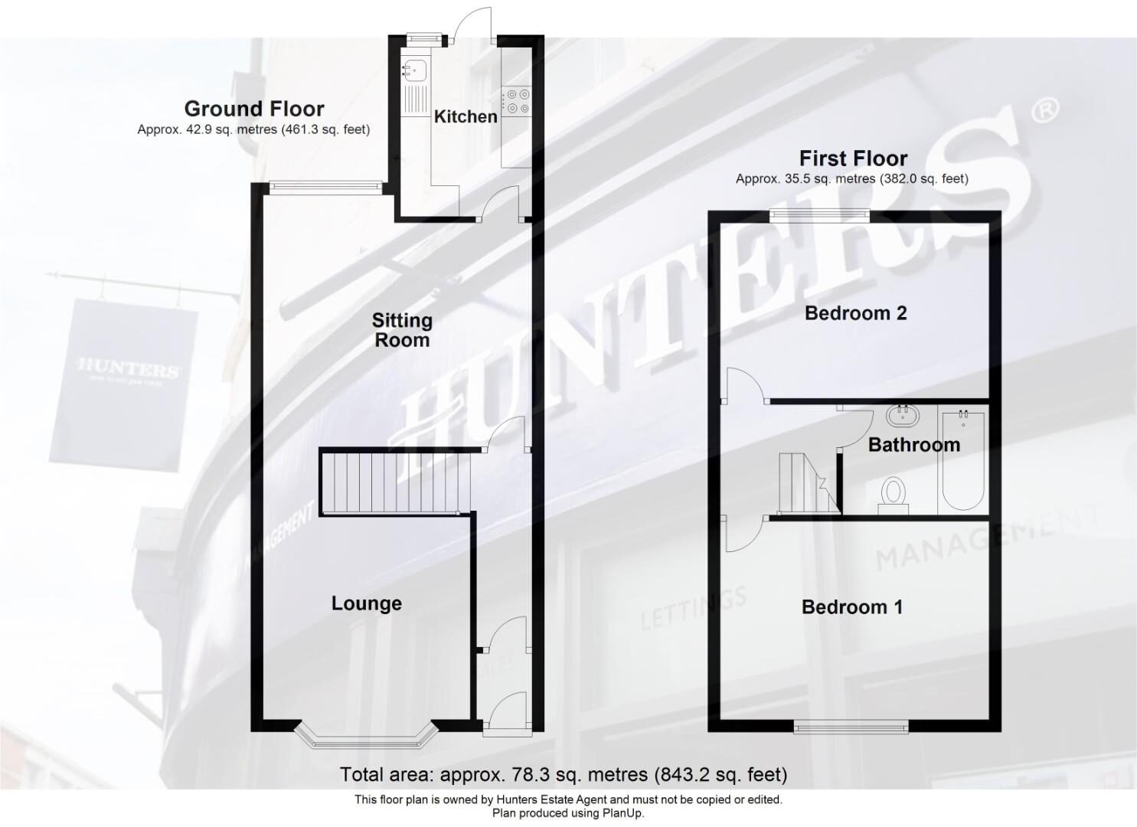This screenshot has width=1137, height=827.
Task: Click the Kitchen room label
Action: pos(466,116)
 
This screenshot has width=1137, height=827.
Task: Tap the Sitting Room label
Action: pos(402,330)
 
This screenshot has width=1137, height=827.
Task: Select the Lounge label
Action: pos(366,603)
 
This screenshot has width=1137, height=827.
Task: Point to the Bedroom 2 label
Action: pos(855,312)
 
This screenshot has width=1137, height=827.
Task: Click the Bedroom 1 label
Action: pos(851,607)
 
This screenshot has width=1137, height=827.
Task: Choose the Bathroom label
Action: pos(913,445)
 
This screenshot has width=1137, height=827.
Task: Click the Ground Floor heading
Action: pos(254,109)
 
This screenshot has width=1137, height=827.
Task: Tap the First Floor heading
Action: pos(853,159)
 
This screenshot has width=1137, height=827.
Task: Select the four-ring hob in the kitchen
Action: pos(516,101)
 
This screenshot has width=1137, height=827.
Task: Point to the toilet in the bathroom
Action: pos(892,492)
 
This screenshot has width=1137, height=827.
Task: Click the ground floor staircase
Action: pos(390,482)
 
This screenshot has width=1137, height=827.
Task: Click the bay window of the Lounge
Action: pos(366,737)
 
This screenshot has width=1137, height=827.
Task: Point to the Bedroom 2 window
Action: pos(819,216)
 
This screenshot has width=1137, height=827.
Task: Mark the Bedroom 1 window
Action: pos(851,726)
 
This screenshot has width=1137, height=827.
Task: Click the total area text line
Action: pos(564,775)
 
